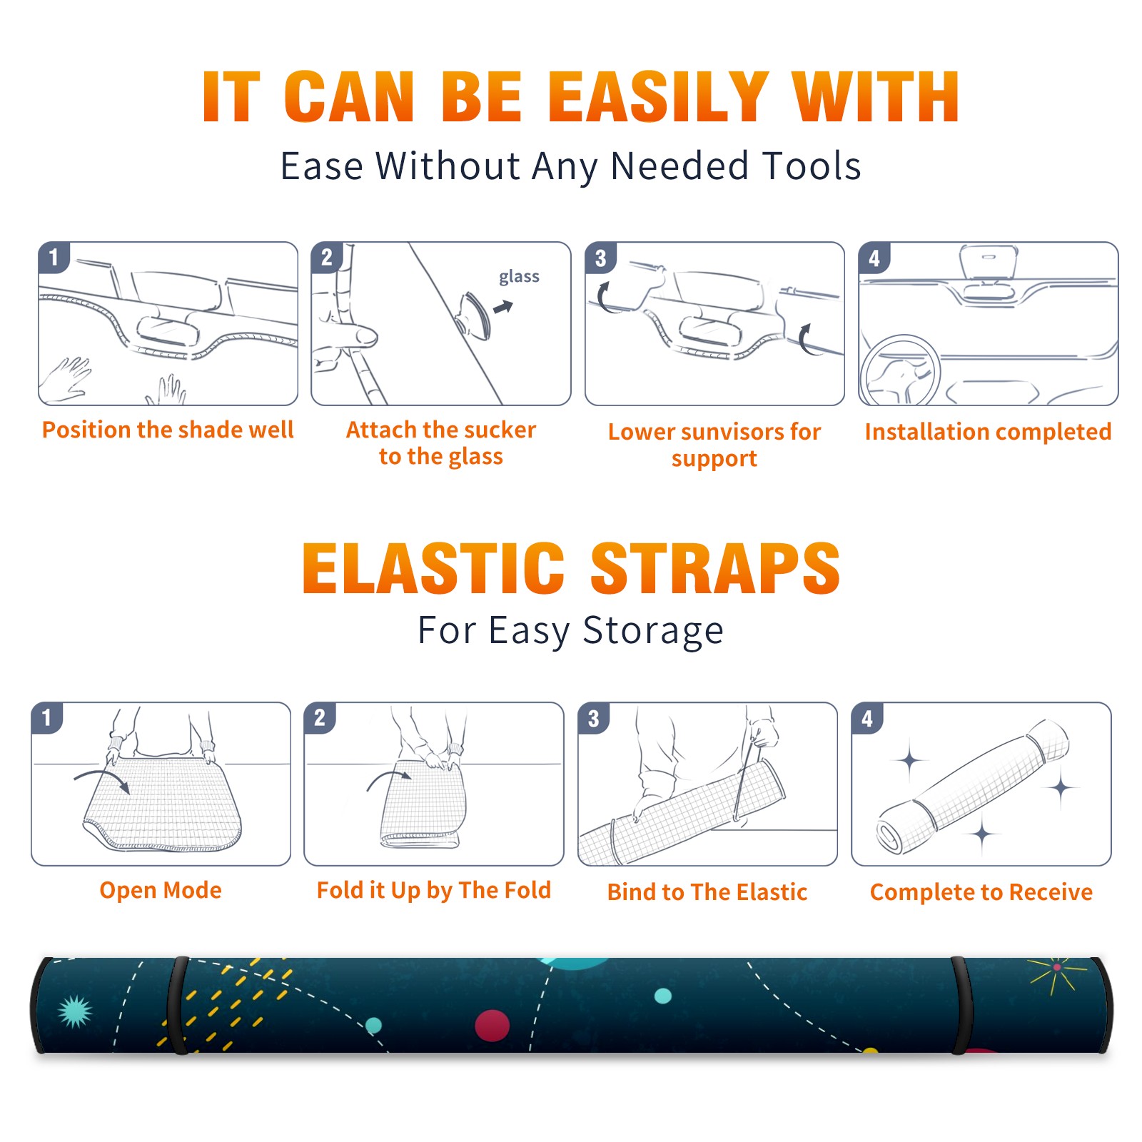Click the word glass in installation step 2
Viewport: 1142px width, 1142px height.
(519, 276)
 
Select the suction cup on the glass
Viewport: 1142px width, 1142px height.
(475, 314)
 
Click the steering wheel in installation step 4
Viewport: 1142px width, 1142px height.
(901, 370)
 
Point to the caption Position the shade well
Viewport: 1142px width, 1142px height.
(168, 430)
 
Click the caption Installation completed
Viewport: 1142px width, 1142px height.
(988, 432)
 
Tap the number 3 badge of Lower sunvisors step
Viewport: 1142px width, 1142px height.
(600, 258)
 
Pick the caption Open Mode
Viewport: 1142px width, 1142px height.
(161, 890)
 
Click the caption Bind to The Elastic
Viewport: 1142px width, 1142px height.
(707, 892)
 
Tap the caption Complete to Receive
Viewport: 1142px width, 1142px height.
(981, 892)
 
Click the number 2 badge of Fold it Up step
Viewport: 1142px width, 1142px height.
(320, 717)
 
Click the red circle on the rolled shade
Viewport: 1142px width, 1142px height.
(492, 1026)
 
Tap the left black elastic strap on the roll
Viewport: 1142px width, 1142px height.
(178, 1005)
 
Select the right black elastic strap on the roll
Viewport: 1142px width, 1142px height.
(962, 1005)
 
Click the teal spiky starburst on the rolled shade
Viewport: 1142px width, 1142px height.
(75, 1011)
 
